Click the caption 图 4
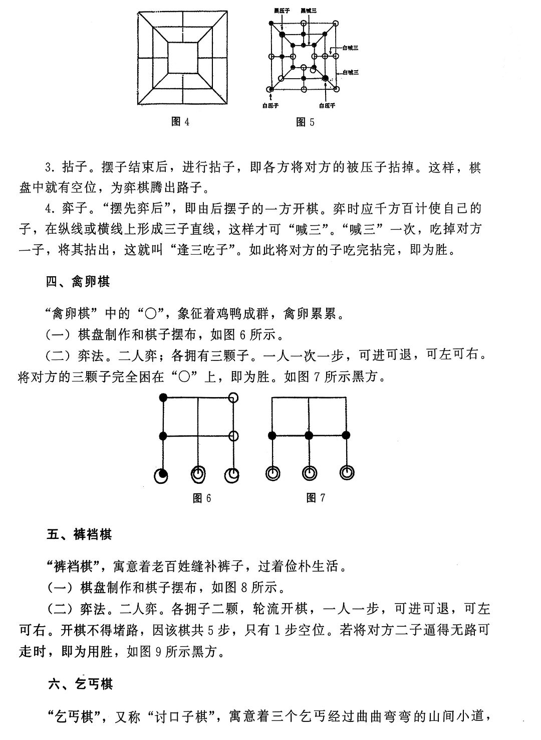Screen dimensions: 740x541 point(180,122)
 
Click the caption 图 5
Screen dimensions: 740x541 point(305,122)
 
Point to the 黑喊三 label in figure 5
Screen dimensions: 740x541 point(309,11)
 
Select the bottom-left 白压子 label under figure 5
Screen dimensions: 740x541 point(270,106)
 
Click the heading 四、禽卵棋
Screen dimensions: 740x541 point(78,282)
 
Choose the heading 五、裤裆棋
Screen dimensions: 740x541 point(79,534)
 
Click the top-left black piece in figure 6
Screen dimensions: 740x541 point(163,398)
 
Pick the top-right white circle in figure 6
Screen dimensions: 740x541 point(233,398)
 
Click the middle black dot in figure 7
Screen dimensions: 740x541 point(309,435)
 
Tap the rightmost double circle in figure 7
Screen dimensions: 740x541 point(346,472)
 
